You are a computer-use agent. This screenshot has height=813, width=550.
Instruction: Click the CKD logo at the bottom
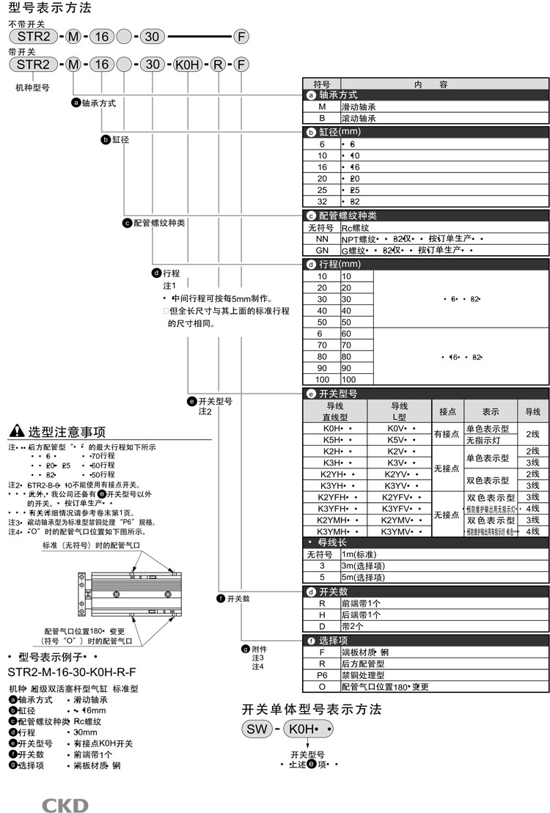coord(65,806)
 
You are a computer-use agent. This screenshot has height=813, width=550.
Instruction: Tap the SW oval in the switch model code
coord(257,729)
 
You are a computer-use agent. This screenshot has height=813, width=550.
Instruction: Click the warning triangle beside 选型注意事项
coord(17,431)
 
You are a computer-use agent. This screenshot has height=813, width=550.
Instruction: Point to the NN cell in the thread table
coord(321,238)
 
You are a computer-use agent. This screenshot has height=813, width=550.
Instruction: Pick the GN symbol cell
coord(321,249)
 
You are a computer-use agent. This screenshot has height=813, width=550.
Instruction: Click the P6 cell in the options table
coord(321,675)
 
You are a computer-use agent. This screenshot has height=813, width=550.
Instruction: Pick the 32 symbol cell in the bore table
coord(321,201)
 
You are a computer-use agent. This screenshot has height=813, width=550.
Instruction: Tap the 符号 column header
coord(321,84)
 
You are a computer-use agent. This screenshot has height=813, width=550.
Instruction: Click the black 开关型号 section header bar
coord(426,394)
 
